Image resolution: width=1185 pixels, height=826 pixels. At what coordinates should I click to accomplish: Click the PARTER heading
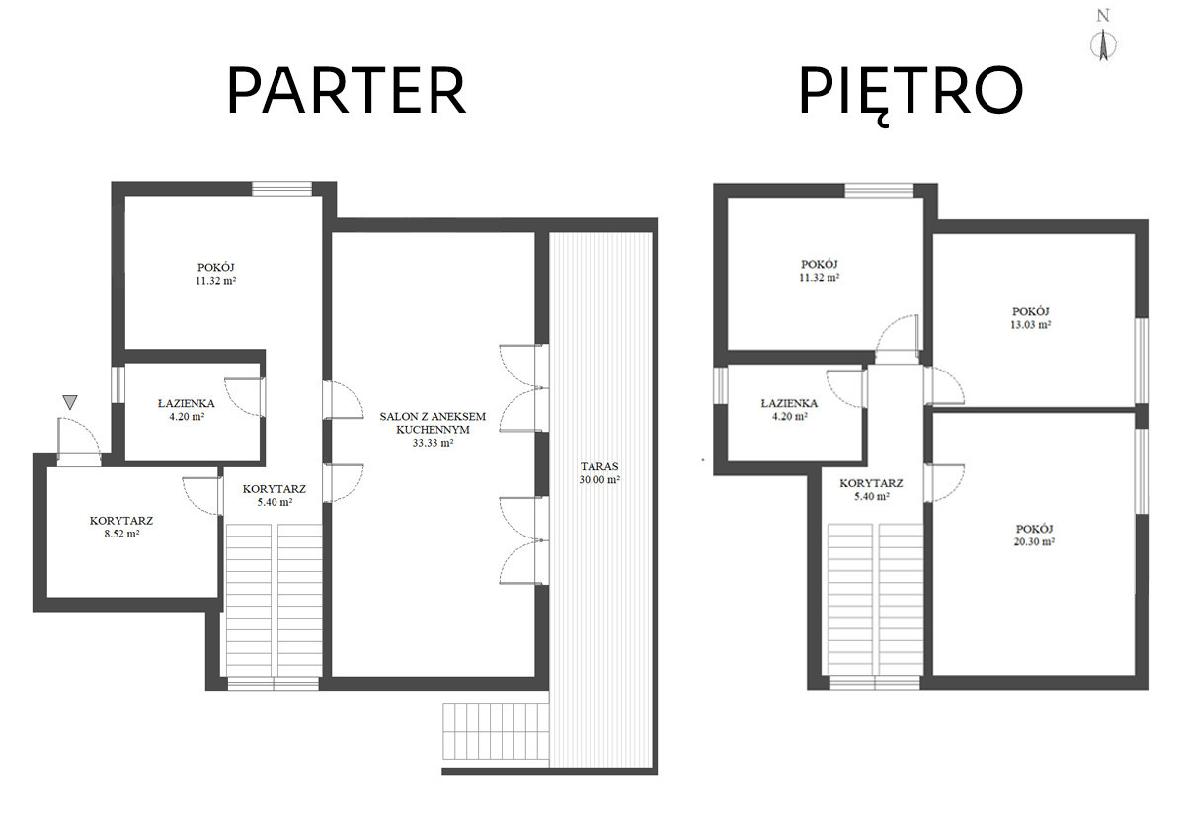pyautogui.click(x=347, y=90)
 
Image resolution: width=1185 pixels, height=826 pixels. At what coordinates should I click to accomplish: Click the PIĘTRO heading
pyautogui.click(x=910, y=94)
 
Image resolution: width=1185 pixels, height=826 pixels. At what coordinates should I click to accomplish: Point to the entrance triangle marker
pyautogui.click(x=70, y=402)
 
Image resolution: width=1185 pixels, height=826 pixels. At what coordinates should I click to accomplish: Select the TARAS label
pyautogui.click(x=599, y=466)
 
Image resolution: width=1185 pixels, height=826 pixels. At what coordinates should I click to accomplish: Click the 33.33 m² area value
pyautogui.click(x=433, y=443)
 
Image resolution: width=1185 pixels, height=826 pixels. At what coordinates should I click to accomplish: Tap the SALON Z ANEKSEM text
pyautogui.click(x=433, y=416)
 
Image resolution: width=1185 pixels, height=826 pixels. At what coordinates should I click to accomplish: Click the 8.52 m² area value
pyautogui.click(x=121, y=534)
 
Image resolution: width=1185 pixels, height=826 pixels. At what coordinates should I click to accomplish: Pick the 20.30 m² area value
pyautogui.click(x=1034, y=541)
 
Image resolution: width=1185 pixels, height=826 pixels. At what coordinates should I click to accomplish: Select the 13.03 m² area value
pyautogui.click(x=1031, y=325)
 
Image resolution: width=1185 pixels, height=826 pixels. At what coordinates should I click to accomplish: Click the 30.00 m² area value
pyautogui.click(x=599, y=480)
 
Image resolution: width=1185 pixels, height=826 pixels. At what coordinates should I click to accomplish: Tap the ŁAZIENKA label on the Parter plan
pyautogui.click(x=187, y=403)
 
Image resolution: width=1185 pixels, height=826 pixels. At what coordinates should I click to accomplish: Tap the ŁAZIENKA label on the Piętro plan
pyautogui.click(x=789, y=403)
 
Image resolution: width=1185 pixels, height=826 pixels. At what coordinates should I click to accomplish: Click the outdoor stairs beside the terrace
pyautogui.click(x=496, y=732)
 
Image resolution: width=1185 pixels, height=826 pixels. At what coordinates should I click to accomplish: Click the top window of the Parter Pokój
pyautogui.click(x=282, y=189)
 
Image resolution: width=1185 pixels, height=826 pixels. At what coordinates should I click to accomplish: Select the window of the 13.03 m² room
pyautogui.click(x=1142, y=361)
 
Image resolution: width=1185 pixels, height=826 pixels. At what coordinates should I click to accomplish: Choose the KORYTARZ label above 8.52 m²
pyautogui.click(x=121, y=520)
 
